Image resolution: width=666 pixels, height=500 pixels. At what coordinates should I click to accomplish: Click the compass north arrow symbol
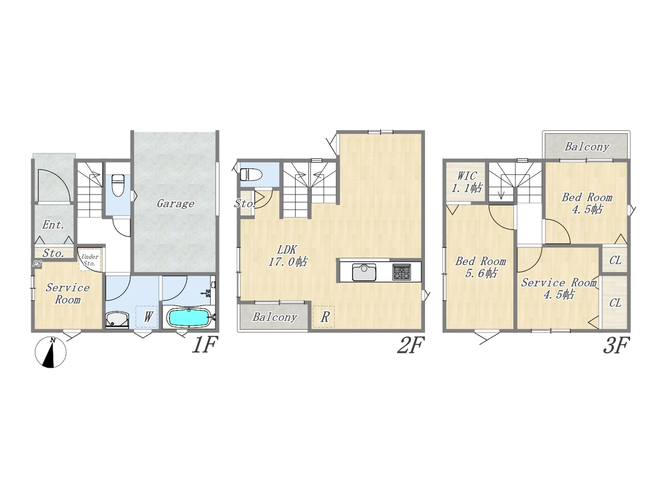50,352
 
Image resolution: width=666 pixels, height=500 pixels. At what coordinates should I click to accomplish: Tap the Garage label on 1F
175,204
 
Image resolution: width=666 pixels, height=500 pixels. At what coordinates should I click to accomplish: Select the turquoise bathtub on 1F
189,318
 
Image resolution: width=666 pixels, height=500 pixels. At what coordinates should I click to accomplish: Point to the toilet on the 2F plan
251,174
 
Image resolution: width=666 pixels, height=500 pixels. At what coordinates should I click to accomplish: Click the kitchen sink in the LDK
364,272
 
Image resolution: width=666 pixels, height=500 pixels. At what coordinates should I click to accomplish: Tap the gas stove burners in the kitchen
402,272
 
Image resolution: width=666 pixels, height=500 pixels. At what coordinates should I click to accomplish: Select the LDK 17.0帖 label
287,256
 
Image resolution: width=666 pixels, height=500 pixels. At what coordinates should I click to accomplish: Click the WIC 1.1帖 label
467,182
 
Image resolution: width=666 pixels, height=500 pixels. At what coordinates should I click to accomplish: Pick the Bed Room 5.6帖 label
480,267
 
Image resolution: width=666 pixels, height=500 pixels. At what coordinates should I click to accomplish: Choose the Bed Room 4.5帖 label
587,204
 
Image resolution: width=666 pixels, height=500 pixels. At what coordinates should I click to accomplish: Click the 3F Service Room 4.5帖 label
559,289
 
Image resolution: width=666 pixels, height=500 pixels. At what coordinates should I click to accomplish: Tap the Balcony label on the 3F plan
587,147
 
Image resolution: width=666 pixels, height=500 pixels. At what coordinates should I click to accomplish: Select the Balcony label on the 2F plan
275,317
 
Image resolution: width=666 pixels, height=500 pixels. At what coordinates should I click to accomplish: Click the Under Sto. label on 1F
89,260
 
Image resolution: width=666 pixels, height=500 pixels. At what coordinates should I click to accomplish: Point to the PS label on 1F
37,264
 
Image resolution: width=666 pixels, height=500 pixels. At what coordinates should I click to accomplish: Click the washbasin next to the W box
118,319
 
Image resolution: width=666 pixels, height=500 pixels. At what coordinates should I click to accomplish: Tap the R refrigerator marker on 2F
325,317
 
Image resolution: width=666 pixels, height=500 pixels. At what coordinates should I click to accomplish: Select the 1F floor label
205,345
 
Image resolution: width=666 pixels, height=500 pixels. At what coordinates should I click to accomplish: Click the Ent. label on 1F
54,225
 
